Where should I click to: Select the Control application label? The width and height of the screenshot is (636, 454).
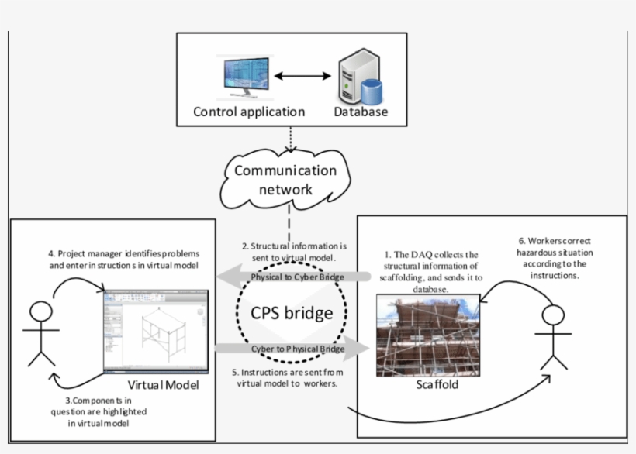(x=249, y=112)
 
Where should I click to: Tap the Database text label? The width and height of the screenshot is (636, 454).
(x=361, y=112)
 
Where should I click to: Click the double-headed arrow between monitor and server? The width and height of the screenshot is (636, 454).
(x=302, y=76)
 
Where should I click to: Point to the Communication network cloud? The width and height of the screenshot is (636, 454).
(x=286, y=180)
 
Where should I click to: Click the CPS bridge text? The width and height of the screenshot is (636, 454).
(x=292, y=313)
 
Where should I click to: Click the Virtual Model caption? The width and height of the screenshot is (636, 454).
(x=164, y=385)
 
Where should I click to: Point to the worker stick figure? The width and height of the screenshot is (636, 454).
(x=553, y=337)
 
